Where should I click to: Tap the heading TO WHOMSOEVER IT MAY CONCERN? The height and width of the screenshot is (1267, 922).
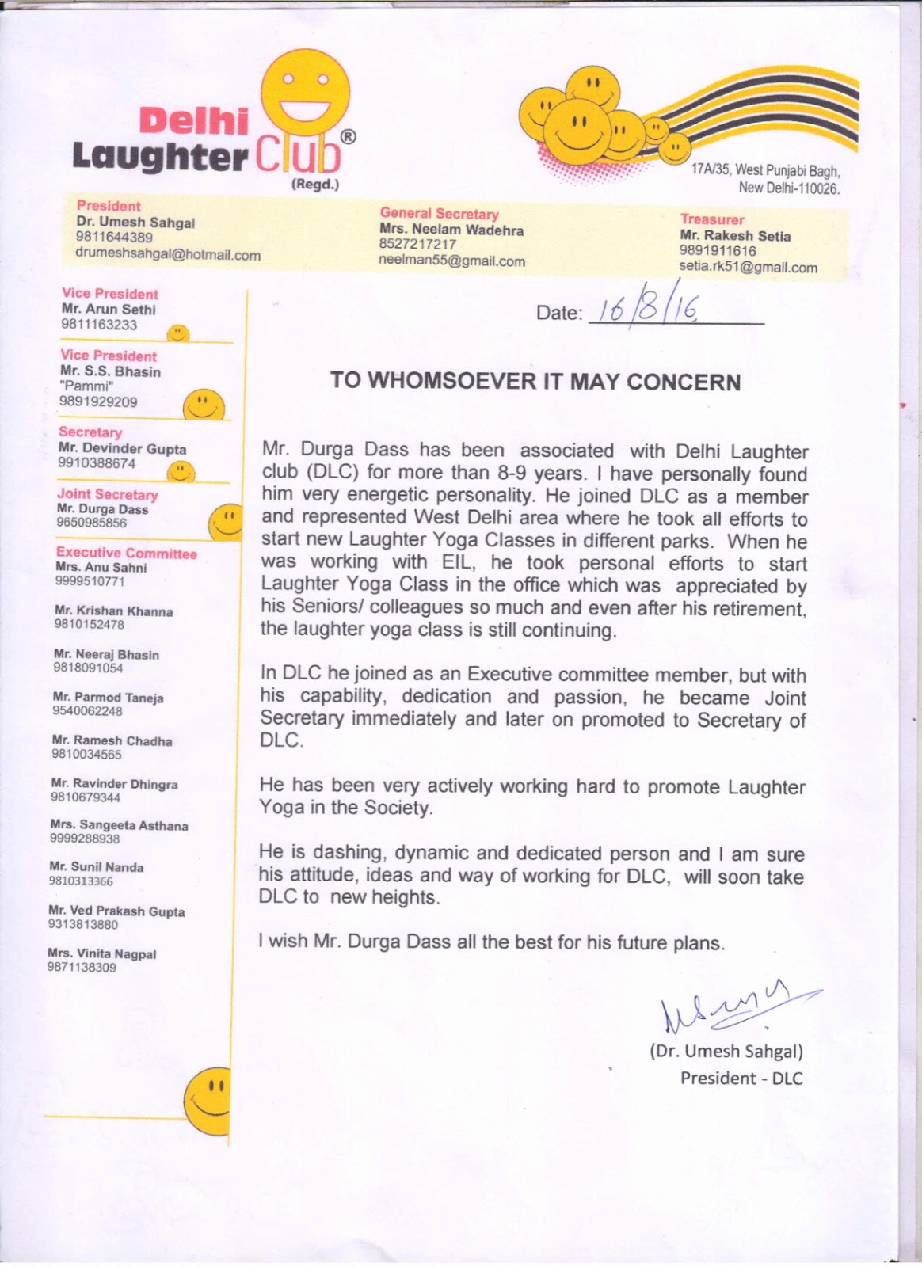535,382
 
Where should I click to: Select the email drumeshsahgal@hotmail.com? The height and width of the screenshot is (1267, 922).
168,254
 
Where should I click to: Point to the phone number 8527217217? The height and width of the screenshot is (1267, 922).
417,245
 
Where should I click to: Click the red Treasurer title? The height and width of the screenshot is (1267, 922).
712,219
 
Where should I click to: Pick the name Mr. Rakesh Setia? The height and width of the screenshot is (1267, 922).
734,235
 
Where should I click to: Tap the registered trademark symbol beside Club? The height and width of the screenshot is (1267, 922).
348,136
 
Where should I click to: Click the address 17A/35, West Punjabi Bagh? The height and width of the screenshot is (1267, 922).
765,169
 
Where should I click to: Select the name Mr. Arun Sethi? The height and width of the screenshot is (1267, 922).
109,310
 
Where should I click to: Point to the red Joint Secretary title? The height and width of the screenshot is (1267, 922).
108,494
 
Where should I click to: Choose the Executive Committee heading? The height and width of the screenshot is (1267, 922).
126,553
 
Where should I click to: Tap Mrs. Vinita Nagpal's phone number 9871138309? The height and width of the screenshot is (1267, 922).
82,967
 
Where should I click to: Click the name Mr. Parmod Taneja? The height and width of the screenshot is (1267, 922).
108,698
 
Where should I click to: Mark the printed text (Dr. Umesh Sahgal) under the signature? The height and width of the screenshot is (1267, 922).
726,1052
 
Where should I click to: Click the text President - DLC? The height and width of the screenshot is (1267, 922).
741,1079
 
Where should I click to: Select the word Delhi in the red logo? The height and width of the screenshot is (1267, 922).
193,121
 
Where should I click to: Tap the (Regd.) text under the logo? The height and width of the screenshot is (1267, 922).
314,185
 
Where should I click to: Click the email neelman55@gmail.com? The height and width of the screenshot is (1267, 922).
451,261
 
